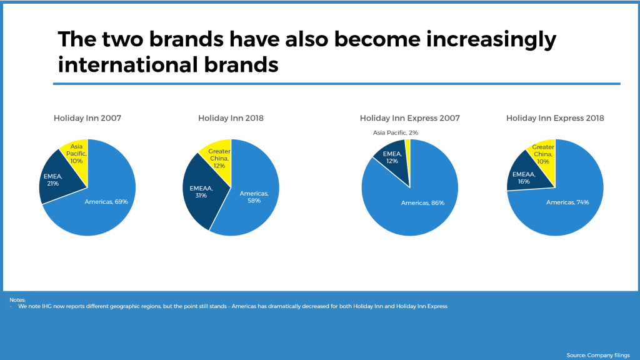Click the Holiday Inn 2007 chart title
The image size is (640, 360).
pos(87,118)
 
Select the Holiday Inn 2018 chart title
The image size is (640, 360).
pos(231,118)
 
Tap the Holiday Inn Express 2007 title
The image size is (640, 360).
pos(410,118)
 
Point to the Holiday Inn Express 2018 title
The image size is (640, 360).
pos(555,118)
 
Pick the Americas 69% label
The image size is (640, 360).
pos(106,202)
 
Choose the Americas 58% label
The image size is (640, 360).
pos(254,197)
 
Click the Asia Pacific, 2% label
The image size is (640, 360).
pos(395,132)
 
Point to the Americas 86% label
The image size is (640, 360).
pos(422,203)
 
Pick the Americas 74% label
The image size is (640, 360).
pos(567,202)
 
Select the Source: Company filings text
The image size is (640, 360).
pos(598,356)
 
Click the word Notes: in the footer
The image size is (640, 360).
pos(17,300)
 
